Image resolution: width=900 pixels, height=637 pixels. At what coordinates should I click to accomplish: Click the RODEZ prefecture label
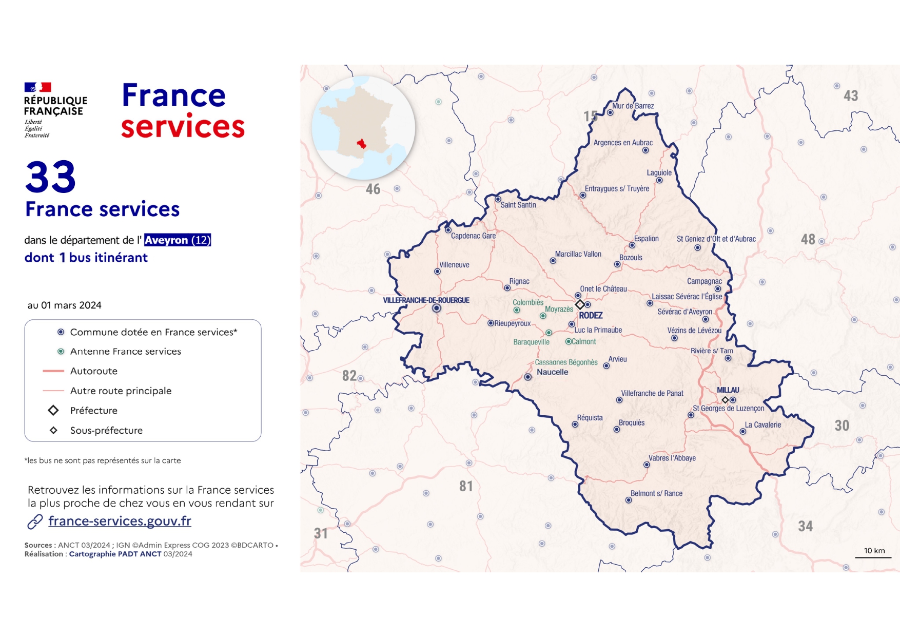pos(591,315)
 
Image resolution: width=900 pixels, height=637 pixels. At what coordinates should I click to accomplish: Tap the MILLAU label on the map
pos(728,390)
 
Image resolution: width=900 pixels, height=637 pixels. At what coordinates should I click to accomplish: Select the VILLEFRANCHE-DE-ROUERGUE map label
pos(426,300)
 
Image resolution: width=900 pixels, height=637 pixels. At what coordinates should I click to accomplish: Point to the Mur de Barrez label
pos(633,106)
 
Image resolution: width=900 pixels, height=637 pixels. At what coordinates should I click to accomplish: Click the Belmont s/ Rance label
pos(656,493)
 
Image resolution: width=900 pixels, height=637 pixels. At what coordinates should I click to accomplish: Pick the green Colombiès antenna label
pos(527,302)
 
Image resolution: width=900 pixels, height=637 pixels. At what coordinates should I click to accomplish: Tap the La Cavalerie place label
pos(762,425)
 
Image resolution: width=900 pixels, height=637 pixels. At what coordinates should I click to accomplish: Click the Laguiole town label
pos(659,173)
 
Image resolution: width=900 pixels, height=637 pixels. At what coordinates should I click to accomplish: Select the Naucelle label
pos(552,372)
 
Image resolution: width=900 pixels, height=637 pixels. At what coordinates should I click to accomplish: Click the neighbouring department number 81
pos(466,486)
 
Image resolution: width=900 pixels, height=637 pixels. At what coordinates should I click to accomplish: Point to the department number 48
pos(808,239)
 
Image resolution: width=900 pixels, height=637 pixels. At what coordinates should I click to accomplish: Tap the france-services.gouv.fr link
pos(120,521)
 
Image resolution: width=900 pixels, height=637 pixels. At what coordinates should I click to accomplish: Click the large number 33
pos(50,177)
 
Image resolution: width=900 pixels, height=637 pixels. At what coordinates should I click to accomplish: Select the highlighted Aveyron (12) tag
pos(178,240)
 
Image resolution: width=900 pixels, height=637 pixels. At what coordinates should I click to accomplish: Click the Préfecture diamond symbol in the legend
pos(53,411)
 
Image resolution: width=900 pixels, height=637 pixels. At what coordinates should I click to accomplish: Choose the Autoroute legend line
pos(53,371)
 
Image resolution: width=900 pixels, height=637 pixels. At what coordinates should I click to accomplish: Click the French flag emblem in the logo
pos(37,87)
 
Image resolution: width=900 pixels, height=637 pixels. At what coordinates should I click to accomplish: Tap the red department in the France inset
pos(362,143)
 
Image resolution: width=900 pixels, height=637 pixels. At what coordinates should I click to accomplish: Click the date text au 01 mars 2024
pos(65,305)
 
